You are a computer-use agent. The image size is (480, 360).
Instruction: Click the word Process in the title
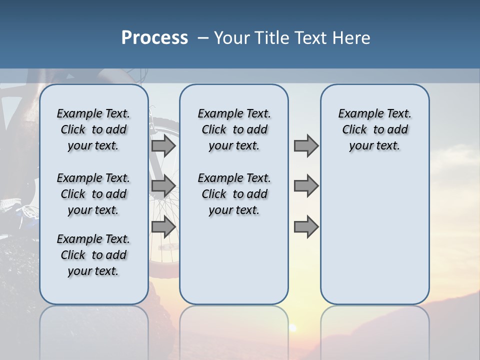click(154, 38)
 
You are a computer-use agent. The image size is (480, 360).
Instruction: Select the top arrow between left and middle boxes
click(163, 146)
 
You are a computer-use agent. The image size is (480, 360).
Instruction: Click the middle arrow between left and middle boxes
click(163, 186)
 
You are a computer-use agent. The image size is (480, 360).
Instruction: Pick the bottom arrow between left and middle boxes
click(163, 227)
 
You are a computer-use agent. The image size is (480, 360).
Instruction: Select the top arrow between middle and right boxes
click(306, 146)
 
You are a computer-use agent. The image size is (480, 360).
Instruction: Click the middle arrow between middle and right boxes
click(306, 186)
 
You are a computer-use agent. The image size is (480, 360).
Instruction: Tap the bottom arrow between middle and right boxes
click(306, 227)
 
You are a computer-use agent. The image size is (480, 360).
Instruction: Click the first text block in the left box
click(93, 129)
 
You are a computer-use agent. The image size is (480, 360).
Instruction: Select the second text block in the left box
click(93, 194)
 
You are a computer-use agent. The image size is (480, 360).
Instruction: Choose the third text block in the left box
click(93, 255)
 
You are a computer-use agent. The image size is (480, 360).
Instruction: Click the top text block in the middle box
click(234, 129)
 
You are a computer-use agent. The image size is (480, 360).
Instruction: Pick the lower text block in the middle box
click(234, 194)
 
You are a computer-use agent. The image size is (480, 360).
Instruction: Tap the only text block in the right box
click(374, 129)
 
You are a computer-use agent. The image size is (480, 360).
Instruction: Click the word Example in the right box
click(357, 113)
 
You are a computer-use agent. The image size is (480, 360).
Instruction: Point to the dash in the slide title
click(203, 38)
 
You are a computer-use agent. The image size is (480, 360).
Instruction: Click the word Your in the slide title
click(232, 38)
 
